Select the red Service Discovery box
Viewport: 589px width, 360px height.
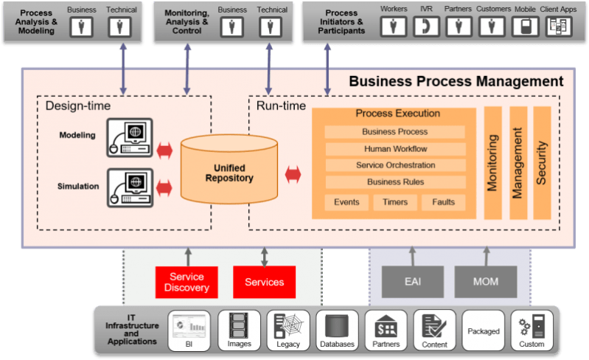(187, 282)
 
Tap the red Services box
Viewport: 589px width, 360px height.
(264, 282)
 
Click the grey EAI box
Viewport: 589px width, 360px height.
(413, 282)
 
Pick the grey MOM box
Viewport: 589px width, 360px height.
(486, 282)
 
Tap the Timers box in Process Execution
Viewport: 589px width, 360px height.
(394, 202)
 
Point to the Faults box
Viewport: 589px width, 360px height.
(443, 202)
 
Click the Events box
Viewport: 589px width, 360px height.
(346, 202)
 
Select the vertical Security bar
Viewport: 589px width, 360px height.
(542, 162)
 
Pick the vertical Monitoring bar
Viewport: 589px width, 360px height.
(492, 162)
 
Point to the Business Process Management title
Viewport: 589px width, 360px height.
(456, 81)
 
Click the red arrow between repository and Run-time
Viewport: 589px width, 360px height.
(293, 174)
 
